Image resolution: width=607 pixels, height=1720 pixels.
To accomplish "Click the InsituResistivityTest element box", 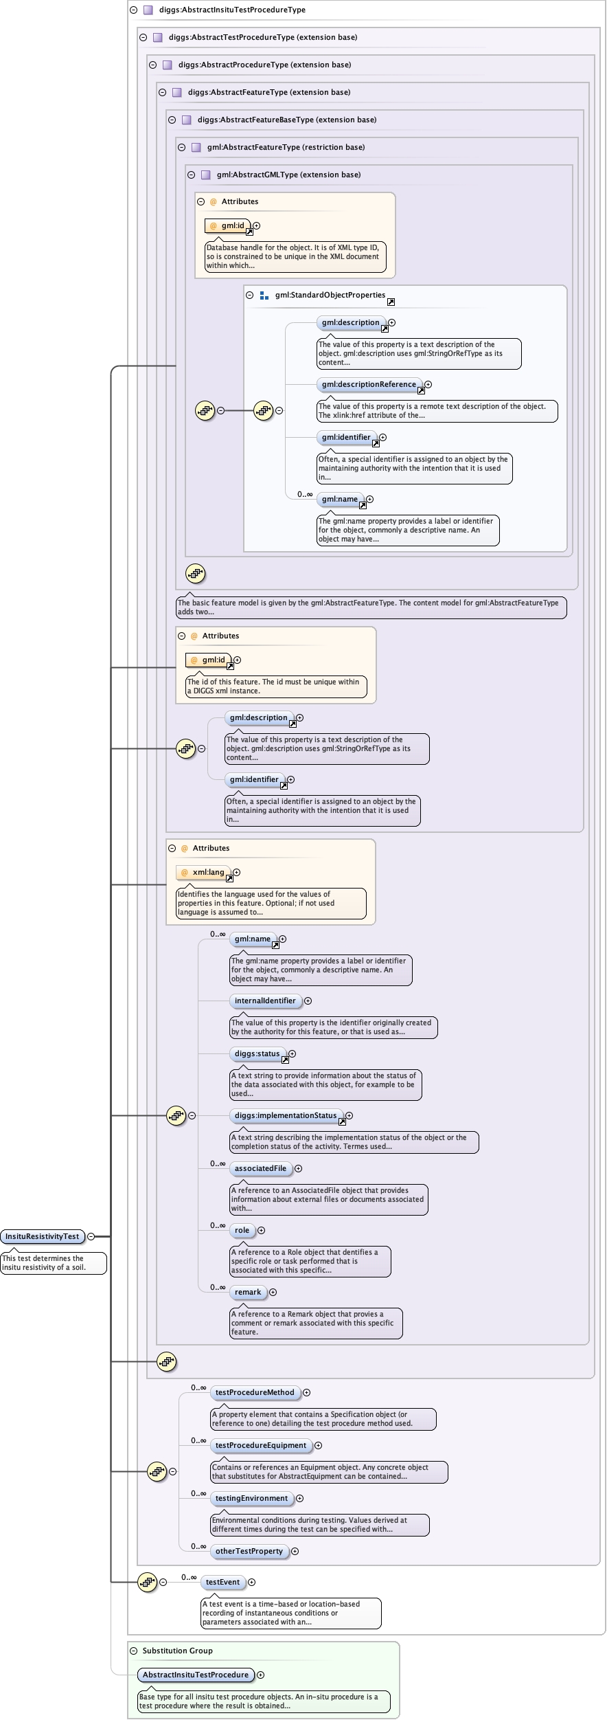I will (43, 1236).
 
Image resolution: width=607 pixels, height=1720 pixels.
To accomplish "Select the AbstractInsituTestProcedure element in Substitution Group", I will (196, 1675).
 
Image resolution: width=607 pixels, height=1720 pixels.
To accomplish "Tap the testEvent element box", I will (223, 1582).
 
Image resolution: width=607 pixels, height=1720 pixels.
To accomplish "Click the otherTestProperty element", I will (249, 1551).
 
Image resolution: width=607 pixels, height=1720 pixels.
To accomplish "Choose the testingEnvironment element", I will (252, 1498).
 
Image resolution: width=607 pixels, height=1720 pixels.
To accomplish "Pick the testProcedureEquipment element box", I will (261, 1445).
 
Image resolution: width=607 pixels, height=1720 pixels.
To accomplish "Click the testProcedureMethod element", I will (255, 1392).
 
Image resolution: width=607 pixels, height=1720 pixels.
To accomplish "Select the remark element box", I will (248, 1292).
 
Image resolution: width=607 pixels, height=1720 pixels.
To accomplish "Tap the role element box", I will (242, 1230).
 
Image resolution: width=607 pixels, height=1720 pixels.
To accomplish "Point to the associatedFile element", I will (260, 1168).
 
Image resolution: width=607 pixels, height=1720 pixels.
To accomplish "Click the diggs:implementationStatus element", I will (286, 1115).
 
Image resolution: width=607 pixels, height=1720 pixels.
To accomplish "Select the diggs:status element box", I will (257, 1053).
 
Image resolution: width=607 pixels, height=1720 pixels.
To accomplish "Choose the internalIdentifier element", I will (265, 1001).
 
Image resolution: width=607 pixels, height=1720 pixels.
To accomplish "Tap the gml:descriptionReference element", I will (369, 384).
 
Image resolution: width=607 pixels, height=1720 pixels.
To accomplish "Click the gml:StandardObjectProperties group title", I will (330, 295).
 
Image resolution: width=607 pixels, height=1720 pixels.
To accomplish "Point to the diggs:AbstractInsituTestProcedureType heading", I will (232, 10).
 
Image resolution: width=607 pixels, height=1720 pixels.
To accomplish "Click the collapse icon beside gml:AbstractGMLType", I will (192, 175).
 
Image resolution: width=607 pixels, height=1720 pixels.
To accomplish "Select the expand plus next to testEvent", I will (252, 1582).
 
